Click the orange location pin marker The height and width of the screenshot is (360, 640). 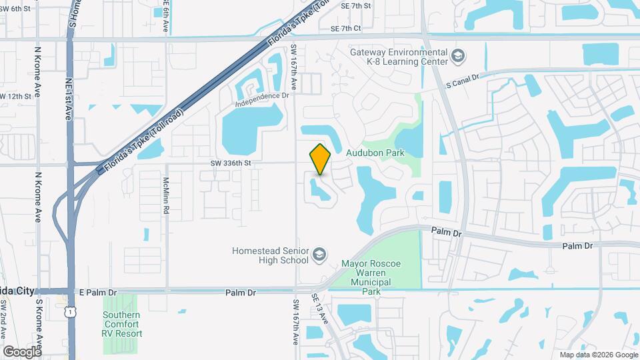coord(321,159)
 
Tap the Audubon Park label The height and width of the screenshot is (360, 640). coord(375,153)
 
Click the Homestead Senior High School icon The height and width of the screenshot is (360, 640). coord(320,255)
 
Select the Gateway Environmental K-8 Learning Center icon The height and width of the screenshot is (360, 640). coord(457,56)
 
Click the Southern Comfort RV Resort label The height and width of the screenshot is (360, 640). coord(123,324)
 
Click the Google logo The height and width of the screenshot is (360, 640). coord(22,351)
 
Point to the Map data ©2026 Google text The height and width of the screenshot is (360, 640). coord(598,355)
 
